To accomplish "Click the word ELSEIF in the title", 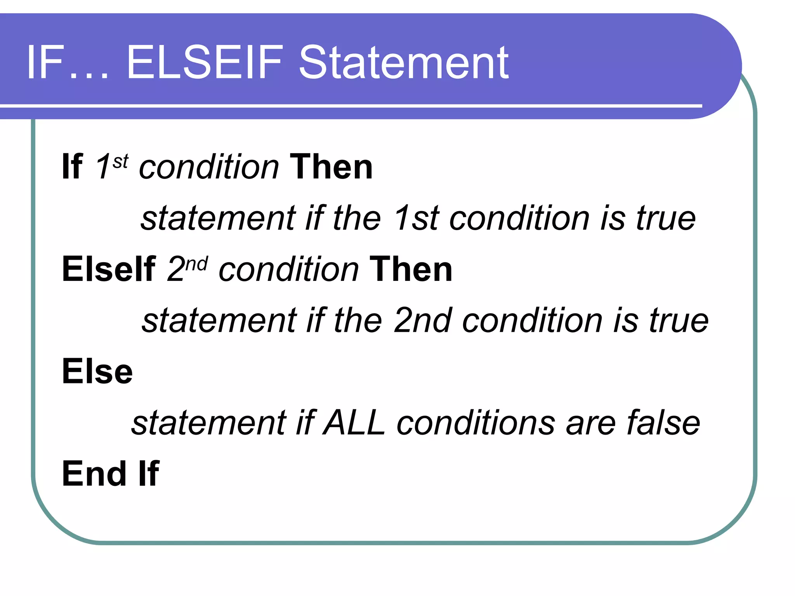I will (205, 63).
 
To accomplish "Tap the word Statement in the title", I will (404, 63).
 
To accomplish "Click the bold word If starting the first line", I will (72, 167).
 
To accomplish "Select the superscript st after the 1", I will (120, 161).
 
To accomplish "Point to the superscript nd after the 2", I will (196, 264).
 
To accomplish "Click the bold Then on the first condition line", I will (331, 167).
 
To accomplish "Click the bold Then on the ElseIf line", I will (411, 269).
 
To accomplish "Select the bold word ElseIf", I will (109, 269).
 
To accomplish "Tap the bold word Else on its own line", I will (97, 372).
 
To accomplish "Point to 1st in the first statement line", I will (417, 218).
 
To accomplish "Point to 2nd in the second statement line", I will (423, 321).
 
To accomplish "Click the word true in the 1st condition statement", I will (665, 218).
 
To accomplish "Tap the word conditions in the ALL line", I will (476, 423).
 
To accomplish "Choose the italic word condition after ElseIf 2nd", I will (289, 269).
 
